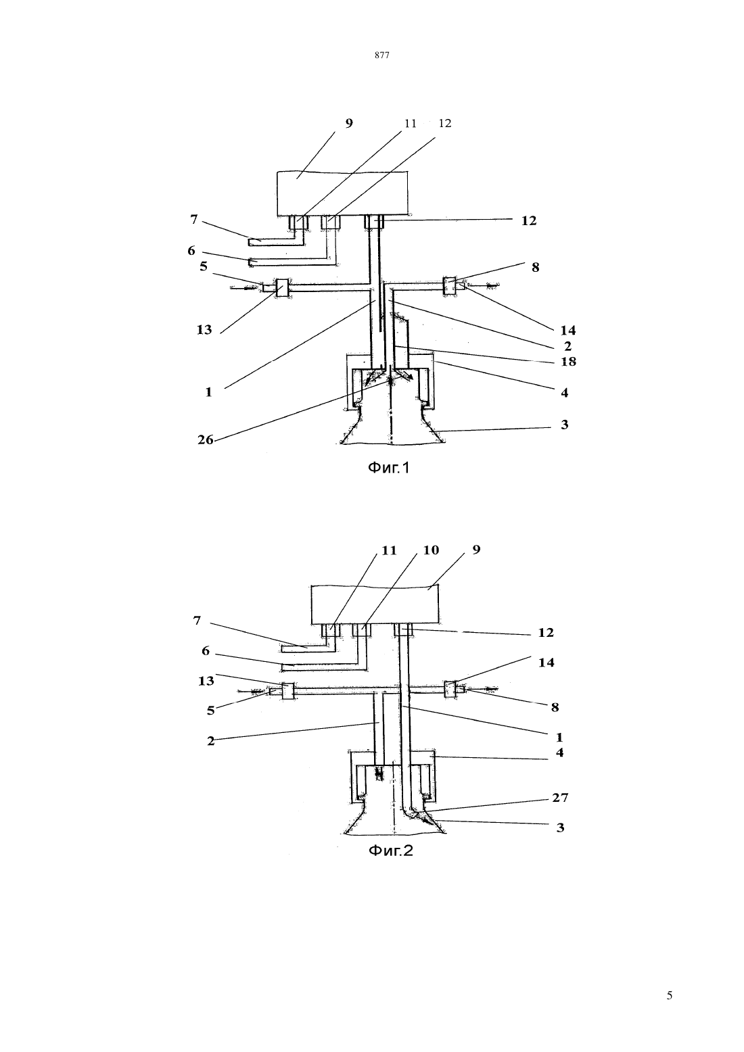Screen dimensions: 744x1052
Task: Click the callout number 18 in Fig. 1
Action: [x=568, y=362]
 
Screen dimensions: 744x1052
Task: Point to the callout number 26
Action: [x=205, y=440]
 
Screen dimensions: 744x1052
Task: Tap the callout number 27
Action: [x=560, y=798]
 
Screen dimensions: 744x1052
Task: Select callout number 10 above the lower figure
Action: [x=431, y=550]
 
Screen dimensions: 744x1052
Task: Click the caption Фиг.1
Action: [x=388, y=468]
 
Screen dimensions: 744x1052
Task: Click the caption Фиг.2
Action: [x=391, y=851]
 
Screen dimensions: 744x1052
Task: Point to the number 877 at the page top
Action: [x=382, y=55]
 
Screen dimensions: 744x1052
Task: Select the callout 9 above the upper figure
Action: [x=349, y=123]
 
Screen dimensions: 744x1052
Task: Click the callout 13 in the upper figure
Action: [x=204, y=330]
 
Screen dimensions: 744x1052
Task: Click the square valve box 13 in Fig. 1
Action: [x=282, y=288]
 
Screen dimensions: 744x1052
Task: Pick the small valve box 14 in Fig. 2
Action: [x=450, y=690]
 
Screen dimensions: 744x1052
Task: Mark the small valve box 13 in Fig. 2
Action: [x=287, y=692]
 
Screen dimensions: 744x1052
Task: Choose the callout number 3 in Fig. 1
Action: [x=565, y=425]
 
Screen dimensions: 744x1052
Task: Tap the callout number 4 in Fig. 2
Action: [x=559, y=752]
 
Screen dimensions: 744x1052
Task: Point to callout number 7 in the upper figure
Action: [x=194, y=219]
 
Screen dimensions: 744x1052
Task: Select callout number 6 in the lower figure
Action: [x=205, y=651]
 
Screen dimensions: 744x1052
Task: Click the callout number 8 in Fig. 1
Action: [x=536, y=267]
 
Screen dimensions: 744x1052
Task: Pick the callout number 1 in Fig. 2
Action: [x=559, y=738]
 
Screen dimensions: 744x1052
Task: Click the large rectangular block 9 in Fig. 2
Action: [x=375, y=604]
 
